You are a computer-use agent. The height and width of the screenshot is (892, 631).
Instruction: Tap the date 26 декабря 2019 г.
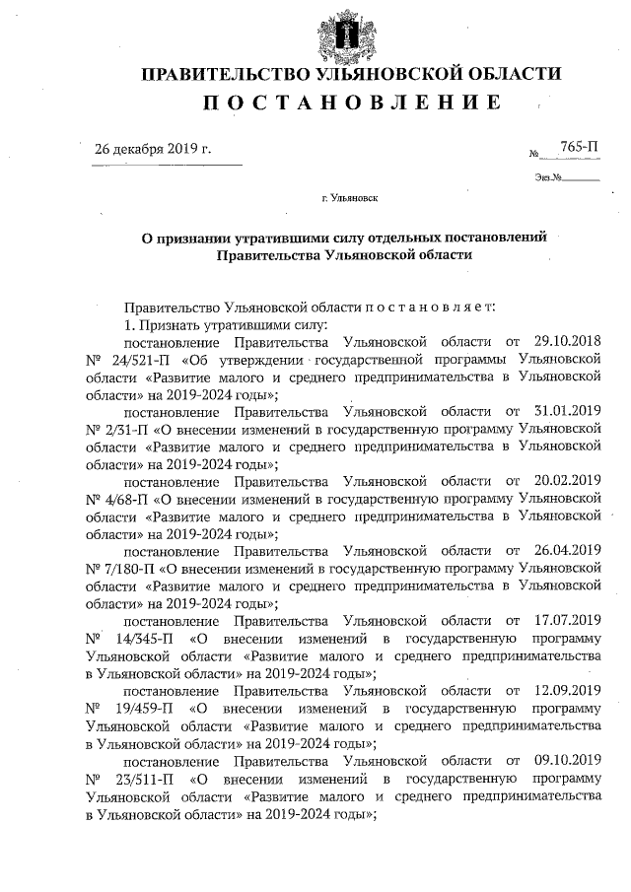tap(153, 149)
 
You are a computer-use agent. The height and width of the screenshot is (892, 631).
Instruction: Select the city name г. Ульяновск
tap(349, 198)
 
